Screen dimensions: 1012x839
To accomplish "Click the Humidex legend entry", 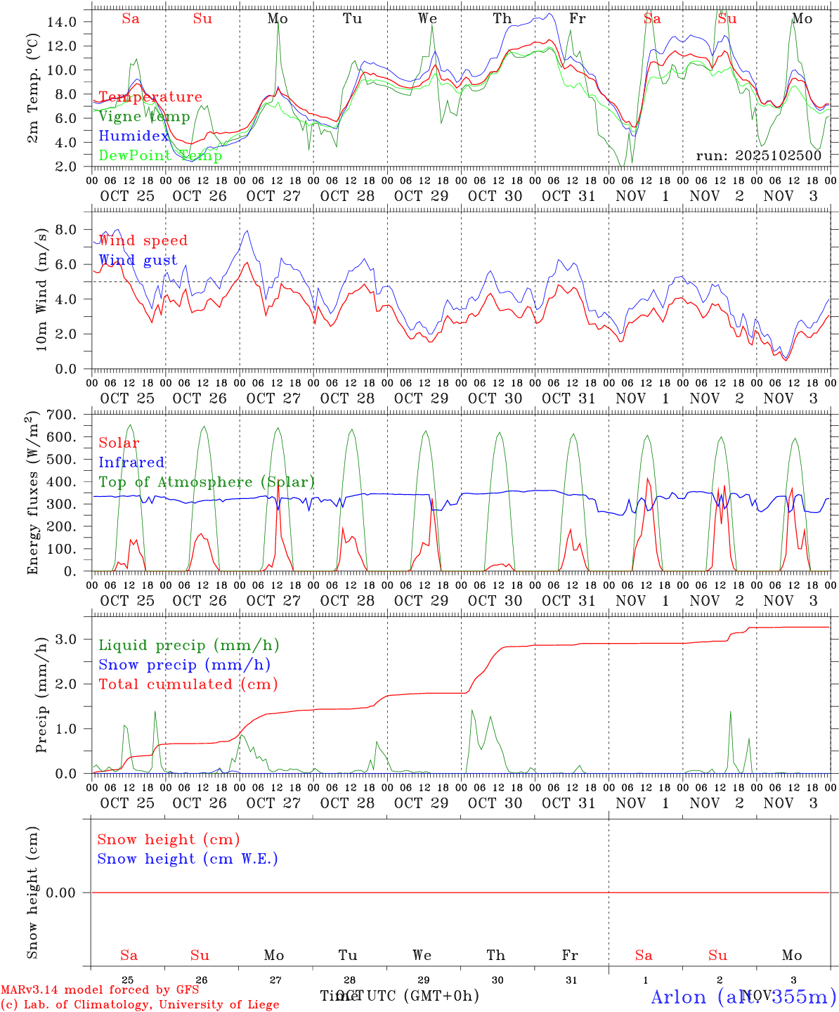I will pos(134,136).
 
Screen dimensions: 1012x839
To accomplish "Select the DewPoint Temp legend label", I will pos(160,155).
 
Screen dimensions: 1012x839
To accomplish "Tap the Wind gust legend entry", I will pos(138,260).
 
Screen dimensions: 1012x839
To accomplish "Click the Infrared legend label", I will pos(131,462).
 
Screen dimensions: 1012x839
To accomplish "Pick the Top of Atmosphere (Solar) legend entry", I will pos(207,482).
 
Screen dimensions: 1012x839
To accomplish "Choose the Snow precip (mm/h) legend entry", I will pos(184,665).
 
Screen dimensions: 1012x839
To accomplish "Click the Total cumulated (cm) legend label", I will pos(188,684).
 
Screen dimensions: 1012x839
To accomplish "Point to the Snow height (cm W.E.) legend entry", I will pos(188,859).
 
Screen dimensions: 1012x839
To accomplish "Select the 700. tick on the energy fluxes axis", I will pos(60,415).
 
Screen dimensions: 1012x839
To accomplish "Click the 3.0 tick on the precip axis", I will pos(65,639).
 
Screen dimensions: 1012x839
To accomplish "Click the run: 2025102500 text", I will pos(758,155).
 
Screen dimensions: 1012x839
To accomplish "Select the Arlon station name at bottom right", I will pos(743,997).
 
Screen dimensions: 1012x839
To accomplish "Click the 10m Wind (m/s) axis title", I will pos(41,288).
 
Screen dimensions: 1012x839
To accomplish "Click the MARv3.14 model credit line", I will pos(100,990).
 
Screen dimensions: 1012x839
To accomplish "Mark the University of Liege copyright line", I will pos(140,1004).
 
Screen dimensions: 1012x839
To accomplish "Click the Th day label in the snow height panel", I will pos(495,955).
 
